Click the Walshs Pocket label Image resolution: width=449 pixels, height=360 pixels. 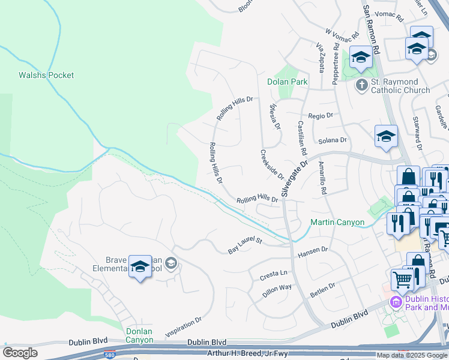pyautogui.click(x=46, y=75)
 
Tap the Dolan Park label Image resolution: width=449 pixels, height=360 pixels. pyautogui.click(x=287, y=82)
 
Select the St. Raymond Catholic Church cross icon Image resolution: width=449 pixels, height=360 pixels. pyautogui.click(x=361, y=85)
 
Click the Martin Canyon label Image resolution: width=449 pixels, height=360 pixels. pyautogui.click(x=337, y=223)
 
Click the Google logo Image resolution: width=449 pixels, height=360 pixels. pyautogui.click(x=20, y=353)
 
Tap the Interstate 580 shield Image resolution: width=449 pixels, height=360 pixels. pyautogui.click(x=109, y=355)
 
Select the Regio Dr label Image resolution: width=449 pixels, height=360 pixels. pyautogui.click(x=320, y=115)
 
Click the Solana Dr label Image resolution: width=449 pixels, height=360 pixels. pyautogui.click(x=333, y=140)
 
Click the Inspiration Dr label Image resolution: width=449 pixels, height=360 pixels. pyautogui.click(x=183, y=329)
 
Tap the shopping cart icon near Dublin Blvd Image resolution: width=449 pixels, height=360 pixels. pyautogui.click(x=403, y=279)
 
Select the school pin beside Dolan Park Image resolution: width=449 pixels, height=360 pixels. pyautogui.click(x=360, y=58)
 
